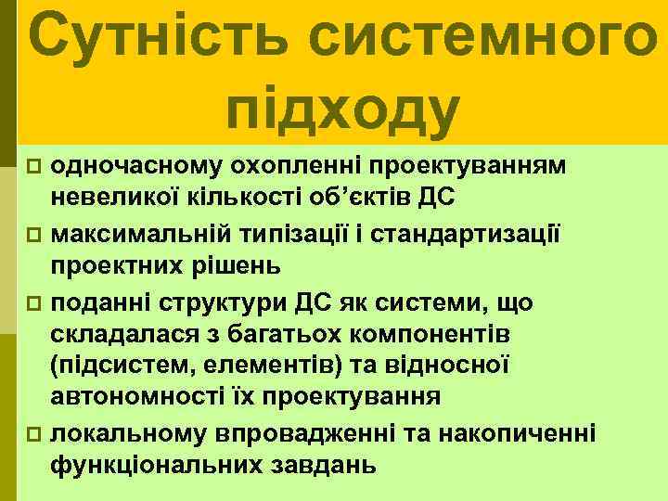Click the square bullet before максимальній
coord(34,232)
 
